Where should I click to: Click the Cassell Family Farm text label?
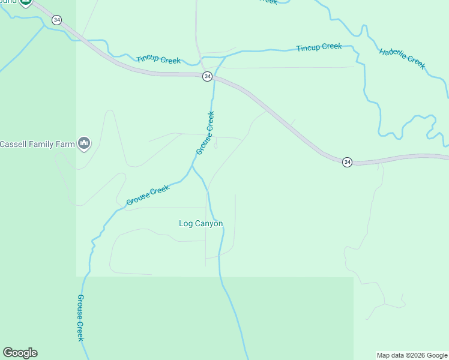point(37,144)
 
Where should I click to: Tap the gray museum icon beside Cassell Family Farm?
point(84,144)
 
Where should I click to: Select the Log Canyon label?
point(200,224)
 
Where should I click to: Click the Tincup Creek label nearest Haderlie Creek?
point(319,47)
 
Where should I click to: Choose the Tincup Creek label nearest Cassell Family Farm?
point(158,59)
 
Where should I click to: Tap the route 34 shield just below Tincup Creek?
point(207,76)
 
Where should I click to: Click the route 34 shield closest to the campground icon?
point(56,20)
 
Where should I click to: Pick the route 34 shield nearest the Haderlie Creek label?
point(347,163)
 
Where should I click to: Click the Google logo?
point(20,353)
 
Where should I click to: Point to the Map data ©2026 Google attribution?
point(412,355)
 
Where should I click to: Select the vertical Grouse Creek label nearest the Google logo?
point(80,318)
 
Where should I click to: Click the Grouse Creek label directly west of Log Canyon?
point(148,195)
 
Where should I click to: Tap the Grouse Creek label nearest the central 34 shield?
point(205,133)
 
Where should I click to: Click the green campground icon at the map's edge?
point(25,2)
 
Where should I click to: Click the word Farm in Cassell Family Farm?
point(65,144)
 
